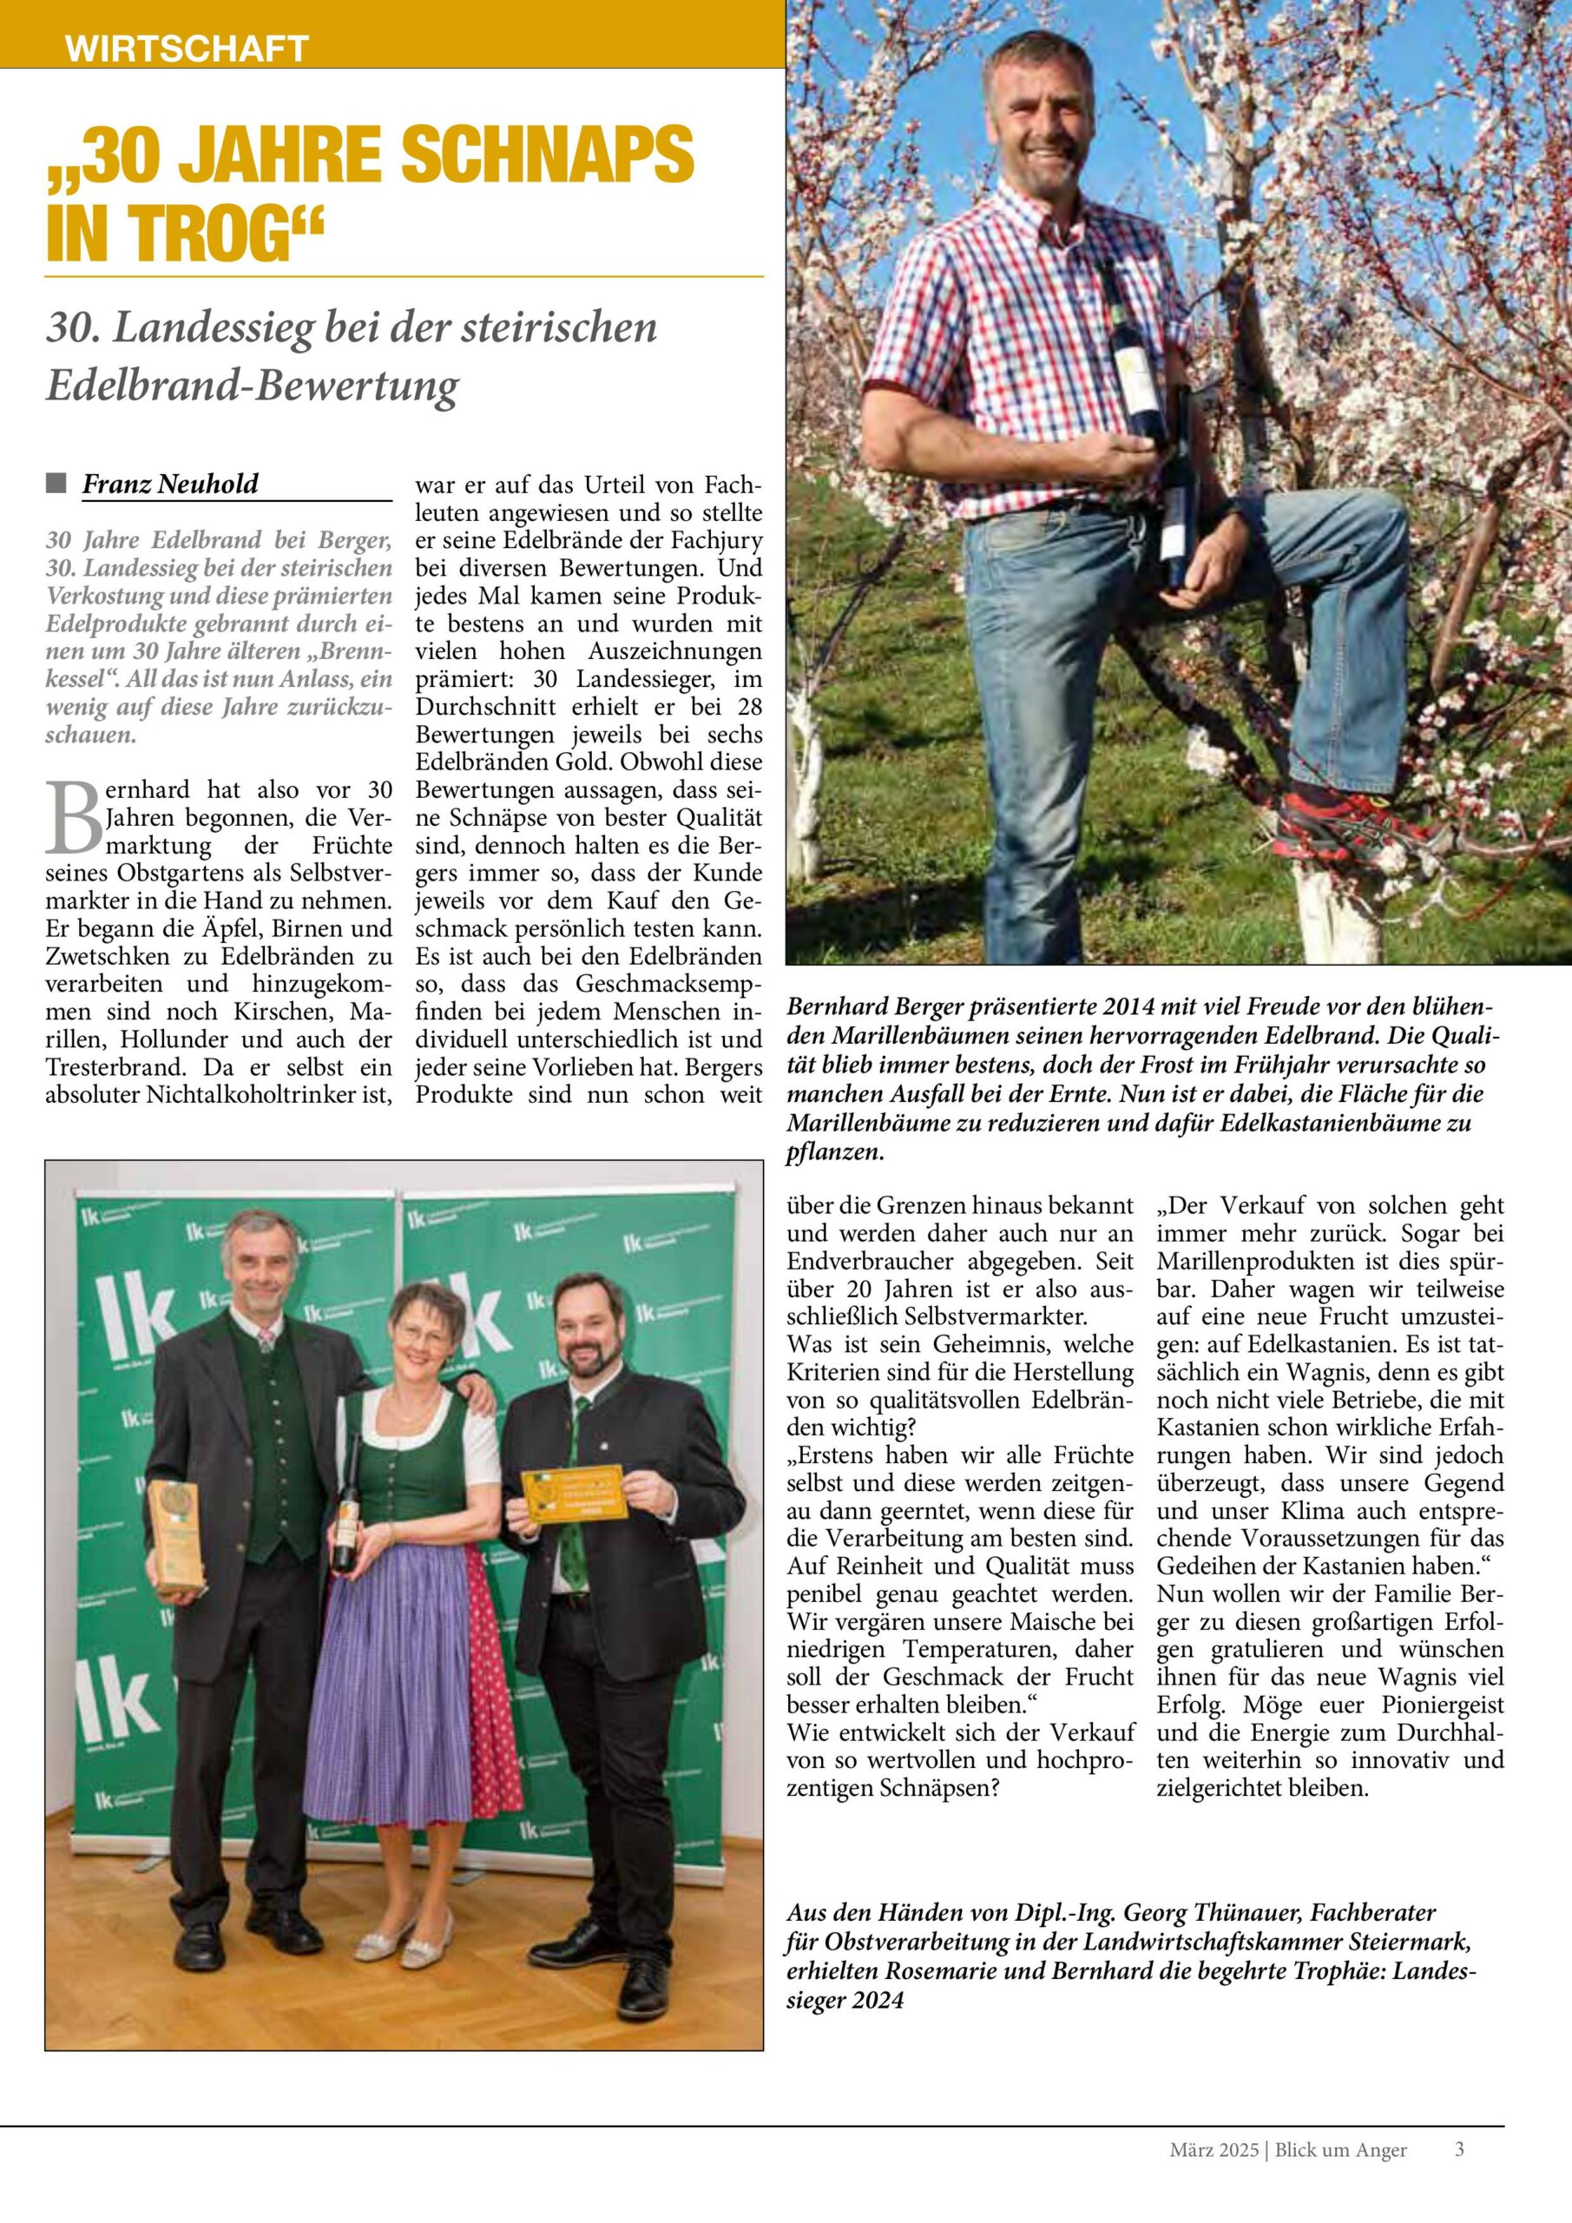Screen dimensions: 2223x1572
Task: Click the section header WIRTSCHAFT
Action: click(x=186, y=48)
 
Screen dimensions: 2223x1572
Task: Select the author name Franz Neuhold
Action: click(x=170, y=483)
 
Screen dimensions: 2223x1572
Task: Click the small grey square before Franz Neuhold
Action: click(x=56, y=482)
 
